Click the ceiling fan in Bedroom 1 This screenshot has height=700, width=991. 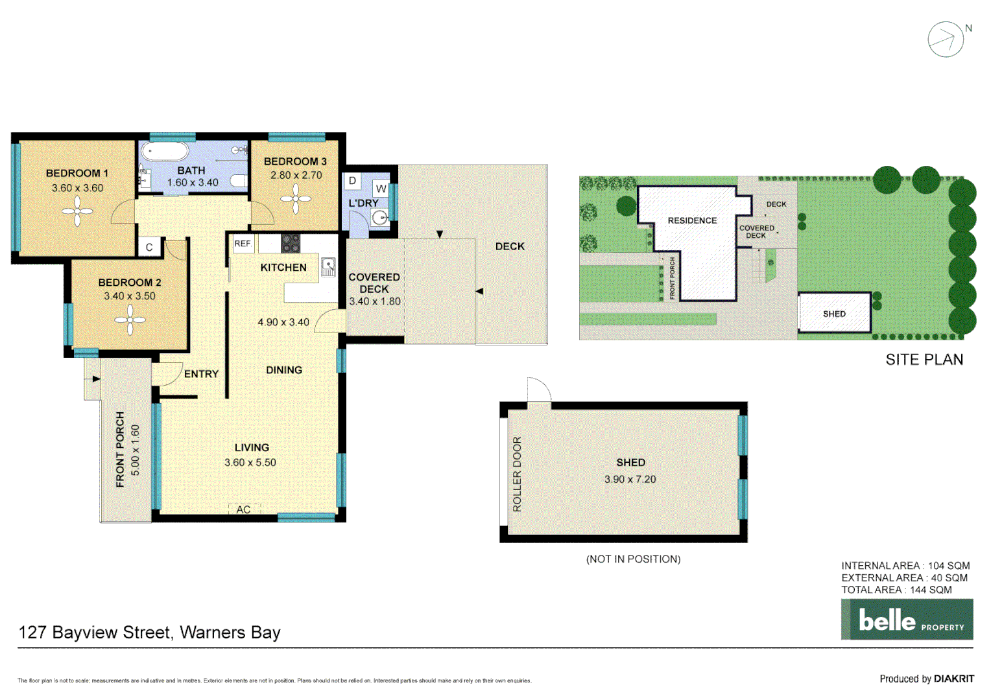coord(78,212)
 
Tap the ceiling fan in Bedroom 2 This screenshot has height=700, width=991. coord(130,320)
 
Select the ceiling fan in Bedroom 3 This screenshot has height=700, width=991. coord(296,198)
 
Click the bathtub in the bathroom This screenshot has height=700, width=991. coord(165,152)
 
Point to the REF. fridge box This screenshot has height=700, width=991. coord(243,244)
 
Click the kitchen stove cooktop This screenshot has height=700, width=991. coord(290,244)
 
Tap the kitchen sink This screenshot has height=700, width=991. coord(328,266)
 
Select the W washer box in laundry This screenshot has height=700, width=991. coord(381,189)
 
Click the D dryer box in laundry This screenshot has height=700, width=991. coord(353,181)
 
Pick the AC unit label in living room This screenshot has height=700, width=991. coord(244,509)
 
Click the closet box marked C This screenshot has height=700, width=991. coord(149,247)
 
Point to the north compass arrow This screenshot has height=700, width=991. coord(946,40)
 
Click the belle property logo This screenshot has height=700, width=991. coord(907,620)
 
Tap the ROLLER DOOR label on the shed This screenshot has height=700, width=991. coord(517,474)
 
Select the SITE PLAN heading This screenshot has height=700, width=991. coord(924,360)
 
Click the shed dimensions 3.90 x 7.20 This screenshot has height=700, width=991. coord(630,480)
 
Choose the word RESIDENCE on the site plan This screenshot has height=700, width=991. coord(692,220)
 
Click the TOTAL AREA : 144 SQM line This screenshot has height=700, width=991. coord(896,590)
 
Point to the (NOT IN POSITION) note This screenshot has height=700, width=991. coord(633,559)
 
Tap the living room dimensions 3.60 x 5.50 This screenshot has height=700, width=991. coord(250,462)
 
